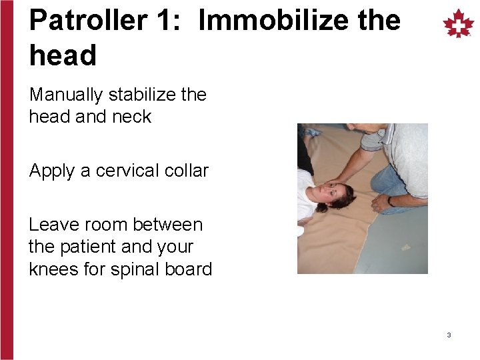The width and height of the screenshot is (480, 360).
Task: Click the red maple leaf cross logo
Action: point(459,24)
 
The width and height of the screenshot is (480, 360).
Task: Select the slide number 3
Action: point(449,335)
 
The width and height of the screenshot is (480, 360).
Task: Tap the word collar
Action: point(186,171)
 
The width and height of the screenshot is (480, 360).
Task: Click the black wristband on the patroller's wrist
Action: point(390,201)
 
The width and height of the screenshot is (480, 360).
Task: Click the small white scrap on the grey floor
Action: point(406,247)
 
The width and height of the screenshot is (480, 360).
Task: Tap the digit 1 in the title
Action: point(167,21)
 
